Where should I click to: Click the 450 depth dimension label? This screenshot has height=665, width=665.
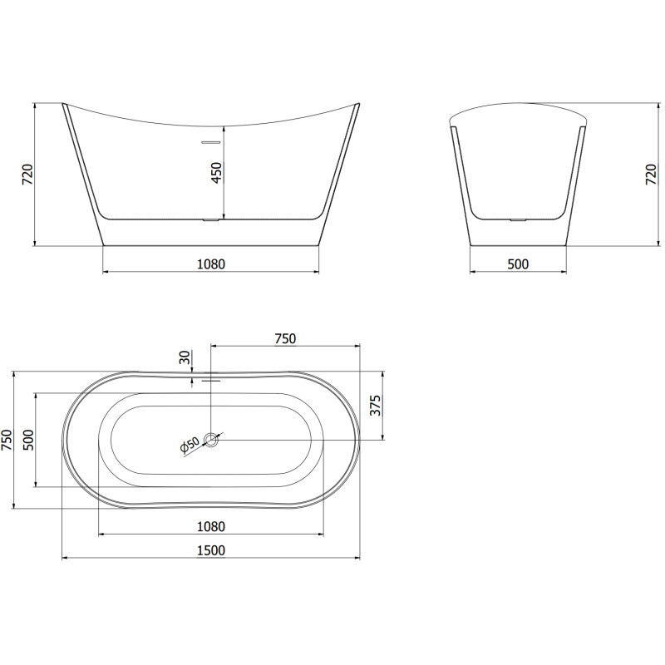click(x=217, y=172)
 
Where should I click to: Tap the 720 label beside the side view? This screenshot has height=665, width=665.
click(x=27, y=175)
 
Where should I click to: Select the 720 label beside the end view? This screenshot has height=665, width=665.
click(x=651, y=175)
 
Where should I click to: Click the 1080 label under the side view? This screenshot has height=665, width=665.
click(x=211, y=264)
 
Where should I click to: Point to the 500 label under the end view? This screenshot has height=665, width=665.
click(x=518, y=264)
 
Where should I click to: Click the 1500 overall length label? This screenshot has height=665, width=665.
click(x=211, y=550)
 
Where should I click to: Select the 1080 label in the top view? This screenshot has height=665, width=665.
click(x=211, y=527)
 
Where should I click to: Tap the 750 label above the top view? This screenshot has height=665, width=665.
click(x=285, y=339)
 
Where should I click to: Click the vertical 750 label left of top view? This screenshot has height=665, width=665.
click(x=7, y=441)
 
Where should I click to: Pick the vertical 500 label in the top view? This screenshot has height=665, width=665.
click(x=27, y=441)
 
